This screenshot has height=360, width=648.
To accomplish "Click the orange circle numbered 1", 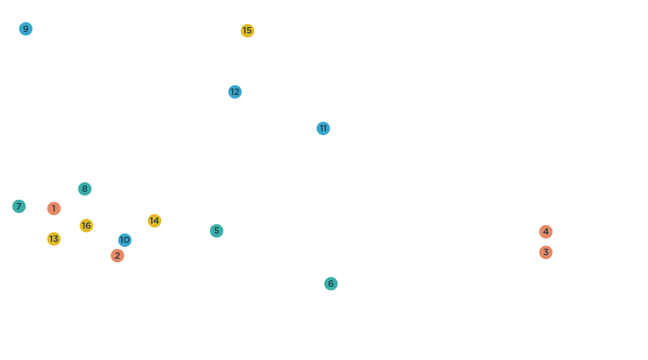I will [x=54, y=209].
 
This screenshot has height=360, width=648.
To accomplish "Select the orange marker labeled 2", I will [x=118, y=256].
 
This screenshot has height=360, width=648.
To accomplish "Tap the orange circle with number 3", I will [x=546, y=252].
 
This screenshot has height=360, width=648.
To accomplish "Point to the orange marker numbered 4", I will [x=546, y=232].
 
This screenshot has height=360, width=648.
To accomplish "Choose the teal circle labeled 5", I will [x=217, y=231].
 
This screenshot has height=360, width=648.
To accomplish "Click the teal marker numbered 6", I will [x=331, y=284].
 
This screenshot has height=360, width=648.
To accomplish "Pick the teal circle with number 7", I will [x=19, y=207].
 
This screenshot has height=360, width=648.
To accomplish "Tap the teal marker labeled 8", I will [x=85, y=189].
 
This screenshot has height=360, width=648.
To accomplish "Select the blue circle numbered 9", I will [x=26, y=29].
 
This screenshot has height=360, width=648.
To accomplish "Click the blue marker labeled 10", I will [x=125, y=240].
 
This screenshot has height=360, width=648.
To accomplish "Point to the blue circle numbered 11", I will [x=323, y=128].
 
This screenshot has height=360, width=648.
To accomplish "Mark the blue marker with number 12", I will [x=235, y=92].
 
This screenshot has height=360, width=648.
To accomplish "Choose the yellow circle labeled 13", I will [x=54, y=239].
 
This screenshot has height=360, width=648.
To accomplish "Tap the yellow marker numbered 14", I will [x=154, y=221].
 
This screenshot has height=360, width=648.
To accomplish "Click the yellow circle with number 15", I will [x=247, y=31].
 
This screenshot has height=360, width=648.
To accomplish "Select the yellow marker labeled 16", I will [x=87, y=226].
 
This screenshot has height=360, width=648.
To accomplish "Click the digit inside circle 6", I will [x=331, y=284].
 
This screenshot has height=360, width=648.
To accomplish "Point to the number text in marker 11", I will [x=323, y=128].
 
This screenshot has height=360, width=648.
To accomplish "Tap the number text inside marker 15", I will [x=247, y=31].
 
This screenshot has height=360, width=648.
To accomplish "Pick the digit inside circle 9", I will [x=26, y=29].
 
